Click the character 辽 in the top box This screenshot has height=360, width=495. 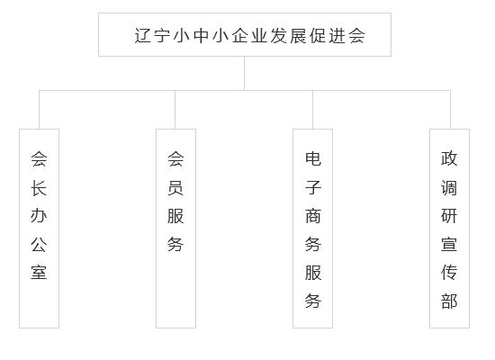pyautogui.click(x=143, y=35)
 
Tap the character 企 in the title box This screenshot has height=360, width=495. pyautogui.click(x=240, y=35)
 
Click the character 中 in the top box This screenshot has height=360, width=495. pyautogui.click(x=202, y=35)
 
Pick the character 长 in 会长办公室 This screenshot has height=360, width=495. pyautogui.click(x=39, y=188)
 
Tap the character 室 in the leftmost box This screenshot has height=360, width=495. pyautogui.click(x=39, y=272)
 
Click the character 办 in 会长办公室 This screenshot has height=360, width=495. pyautogui.click(x=39, y=216)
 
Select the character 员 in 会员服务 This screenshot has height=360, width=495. pyautogui.click(x=175, y=188)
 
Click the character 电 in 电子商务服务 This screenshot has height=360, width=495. pyautogui.click(x=313, y=158)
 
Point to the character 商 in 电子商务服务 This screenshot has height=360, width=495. pyautogui.click(x=313, y=216)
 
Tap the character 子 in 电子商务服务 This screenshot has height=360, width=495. pyautogui.click(x=313, y=188)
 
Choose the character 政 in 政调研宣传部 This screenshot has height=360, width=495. pyautogui.click(x=449, y=158)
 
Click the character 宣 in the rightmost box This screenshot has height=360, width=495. pyautogui.click(x=449, y=244)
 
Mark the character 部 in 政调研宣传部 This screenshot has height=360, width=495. pyautogui.click(x=449, y=301)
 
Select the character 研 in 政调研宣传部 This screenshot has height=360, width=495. pyautogui.click(x=449, y=216)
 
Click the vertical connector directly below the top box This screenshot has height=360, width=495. pyautogui.click(x=244, y=74)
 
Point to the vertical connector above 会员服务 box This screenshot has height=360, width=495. pyautogui.click(x=175, y=110)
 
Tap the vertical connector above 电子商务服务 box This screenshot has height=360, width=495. pyautogui.click(x=313, y=110)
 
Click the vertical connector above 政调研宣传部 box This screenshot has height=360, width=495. pyautogui.click(x=450, y=110)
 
